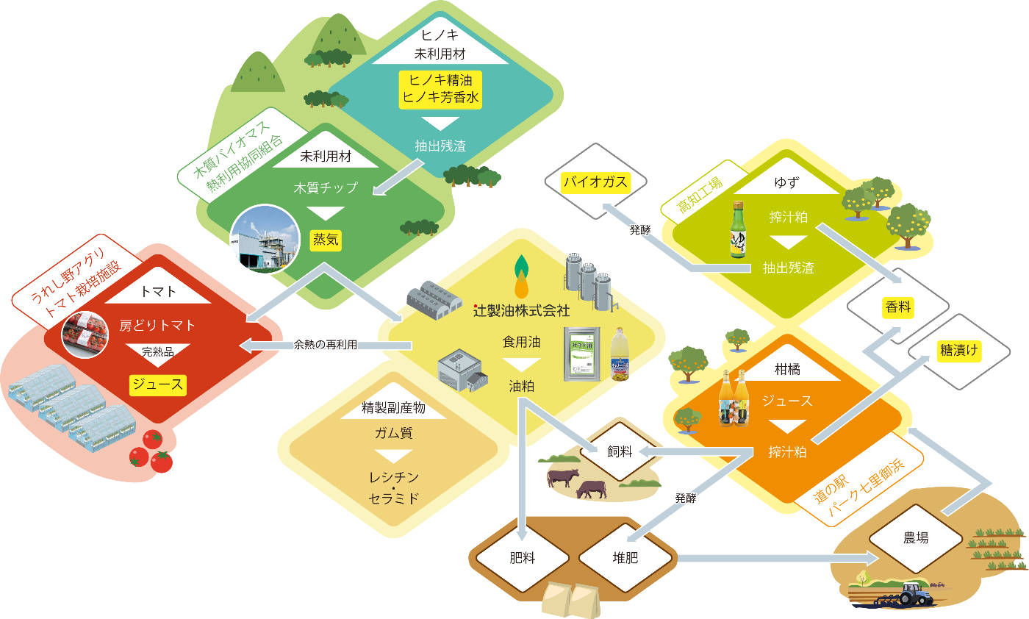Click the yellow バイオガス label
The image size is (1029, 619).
(596, 182)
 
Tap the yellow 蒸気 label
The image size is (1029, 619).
(325, 240)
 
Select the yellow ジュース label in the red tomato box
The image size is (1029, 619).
(158, 384)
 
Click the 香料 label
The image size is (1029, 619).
(897, 307)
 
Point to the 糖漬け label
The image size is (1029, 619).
(958, 351)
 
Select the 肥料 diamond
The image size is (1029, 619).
(523, 558)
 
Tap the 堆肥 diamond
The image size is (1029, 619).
(625, 558)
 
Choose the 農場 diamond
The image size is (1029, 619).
(916, 538)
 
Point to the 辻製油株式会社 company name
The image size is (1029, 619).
(521, 311)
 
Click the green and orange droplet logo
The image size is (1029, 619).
(521, 276)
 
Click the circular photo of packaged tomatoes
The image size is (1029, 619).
(85, 334)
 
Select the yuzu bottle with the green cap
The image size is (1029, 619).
(738, 229)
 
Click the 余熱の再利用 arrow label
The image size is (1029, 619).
(325, 345)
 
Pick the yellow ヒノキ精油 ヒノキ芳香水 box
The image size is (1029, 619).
(440, 90)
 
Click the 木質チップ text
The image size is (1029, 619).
(326, 187)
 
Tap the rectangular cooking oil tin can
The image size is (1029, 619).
(582, 354)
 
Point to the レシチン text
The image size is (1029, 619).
(394, 477)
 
